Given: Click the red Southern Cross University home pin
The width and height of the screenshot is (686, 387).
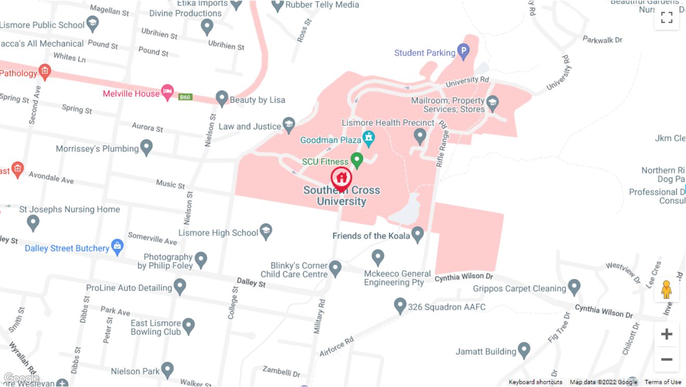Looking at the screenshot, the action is [x=341, y=178].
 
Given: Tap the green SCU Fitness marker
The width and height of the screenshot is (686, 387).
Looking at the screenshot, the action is [x=357, y=159].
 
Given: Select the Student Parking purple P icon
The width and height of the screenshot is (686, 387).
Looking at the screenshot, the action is [x=463, y=51].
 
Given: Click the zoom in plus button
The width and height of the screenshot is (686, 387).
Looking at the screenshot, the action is [x=667, y=334].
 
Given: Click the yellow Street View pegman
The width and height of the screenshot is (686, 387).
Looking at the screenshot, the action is [x=667, y=290].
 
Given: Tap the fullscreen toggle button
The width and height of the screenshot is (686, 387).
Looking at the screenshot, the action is [x=667, y=18].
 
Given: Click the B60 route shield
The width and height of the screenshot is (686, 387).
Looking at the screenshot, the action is [x=186, y=97].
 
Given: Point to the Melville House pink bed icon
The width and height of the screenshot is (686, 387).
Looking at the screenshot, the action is [x=167, y=92].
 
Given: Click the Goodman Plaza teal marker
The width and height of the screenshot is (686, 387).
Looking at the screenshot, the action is [x=368, y=138].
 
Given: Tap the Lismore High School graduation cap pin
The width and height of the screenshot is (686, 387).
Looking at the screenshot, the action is [x=266, y=231].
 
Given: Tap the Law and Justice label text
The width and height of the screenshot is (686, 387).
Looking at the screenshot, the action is [x=249, y=126].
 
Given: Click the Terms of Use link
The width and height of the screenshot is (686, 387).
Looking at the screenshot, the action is [x=663, y=382].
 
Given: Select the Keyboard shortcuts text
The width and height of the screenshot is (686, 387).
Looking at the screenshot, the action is [x=535, y=382].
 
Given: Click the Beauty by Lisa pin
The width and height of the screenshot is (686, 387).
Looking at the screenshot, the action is [x=222, y=98].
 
